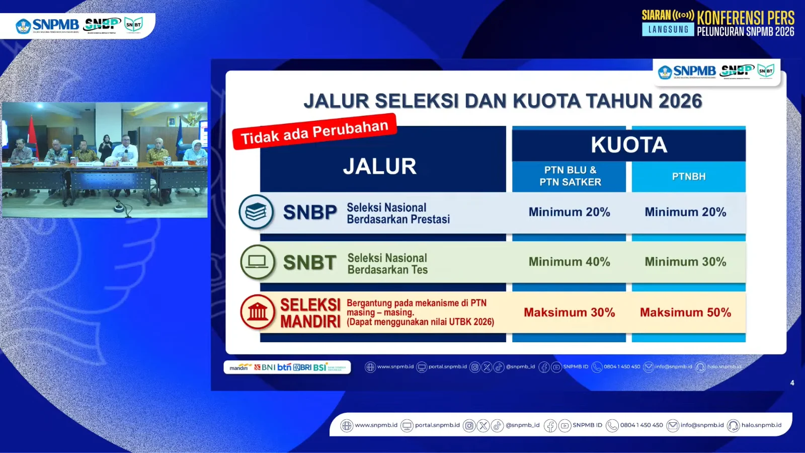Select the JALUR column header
pos(380,166)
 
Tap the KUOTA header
pos(629,145)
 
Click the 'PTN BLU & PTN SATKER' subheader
pos(570,176)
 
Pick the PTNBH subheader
pos(689,177)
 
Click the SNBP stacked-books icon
pos(256,212)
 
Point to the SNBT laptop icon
pos(257,262)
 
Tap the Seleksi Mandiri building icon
pos(258,312)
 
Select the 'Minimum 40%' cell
pos(569,262)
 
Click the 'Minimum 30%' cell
pos(685,262)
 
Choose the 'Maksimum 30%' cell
pos(569,313)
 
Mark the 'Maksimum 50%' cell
pos(685,313)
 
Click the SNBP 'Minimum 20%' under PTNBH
pos(685,212)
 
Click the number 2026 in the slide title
pos(680,101)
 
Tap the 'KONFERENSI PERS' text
pos(746,18)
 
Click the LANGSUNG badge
pos(668,30)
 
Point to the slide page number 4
pos(792,383)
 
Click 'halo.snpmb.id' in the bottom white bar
pos(761,425)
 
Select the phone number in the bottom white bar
pos(641,425)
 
